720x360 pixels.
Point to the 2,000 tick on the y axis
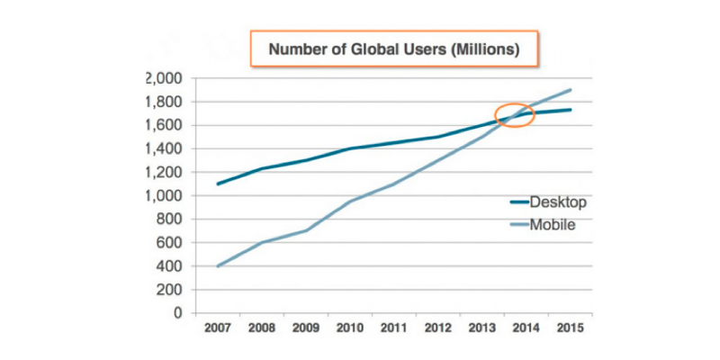pyautogui.click(x=164, y=78)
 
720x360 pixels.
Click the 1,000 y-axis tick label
pyautogui.click(x=164, y=195)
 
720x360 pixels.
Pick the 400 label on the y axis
pyautogui.click(x=169, y=266)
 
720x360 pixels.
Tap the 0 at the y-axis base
pyautogui.click(x=178, y=313)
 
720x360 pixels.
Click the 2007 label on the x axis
pyautogui.click(x=217, y=328)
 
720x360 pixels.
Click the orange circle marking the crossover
pyautogui.click(x=516, y=115)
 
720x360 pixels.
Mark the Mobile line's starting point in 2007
pyautogui.click(x=217, y=266)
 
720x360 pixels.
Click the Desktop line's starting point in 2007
pyautogui.click(x=217, y=184)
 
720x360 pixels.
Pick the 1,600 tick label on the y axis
pyautogui.click(x=164, y=125)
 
